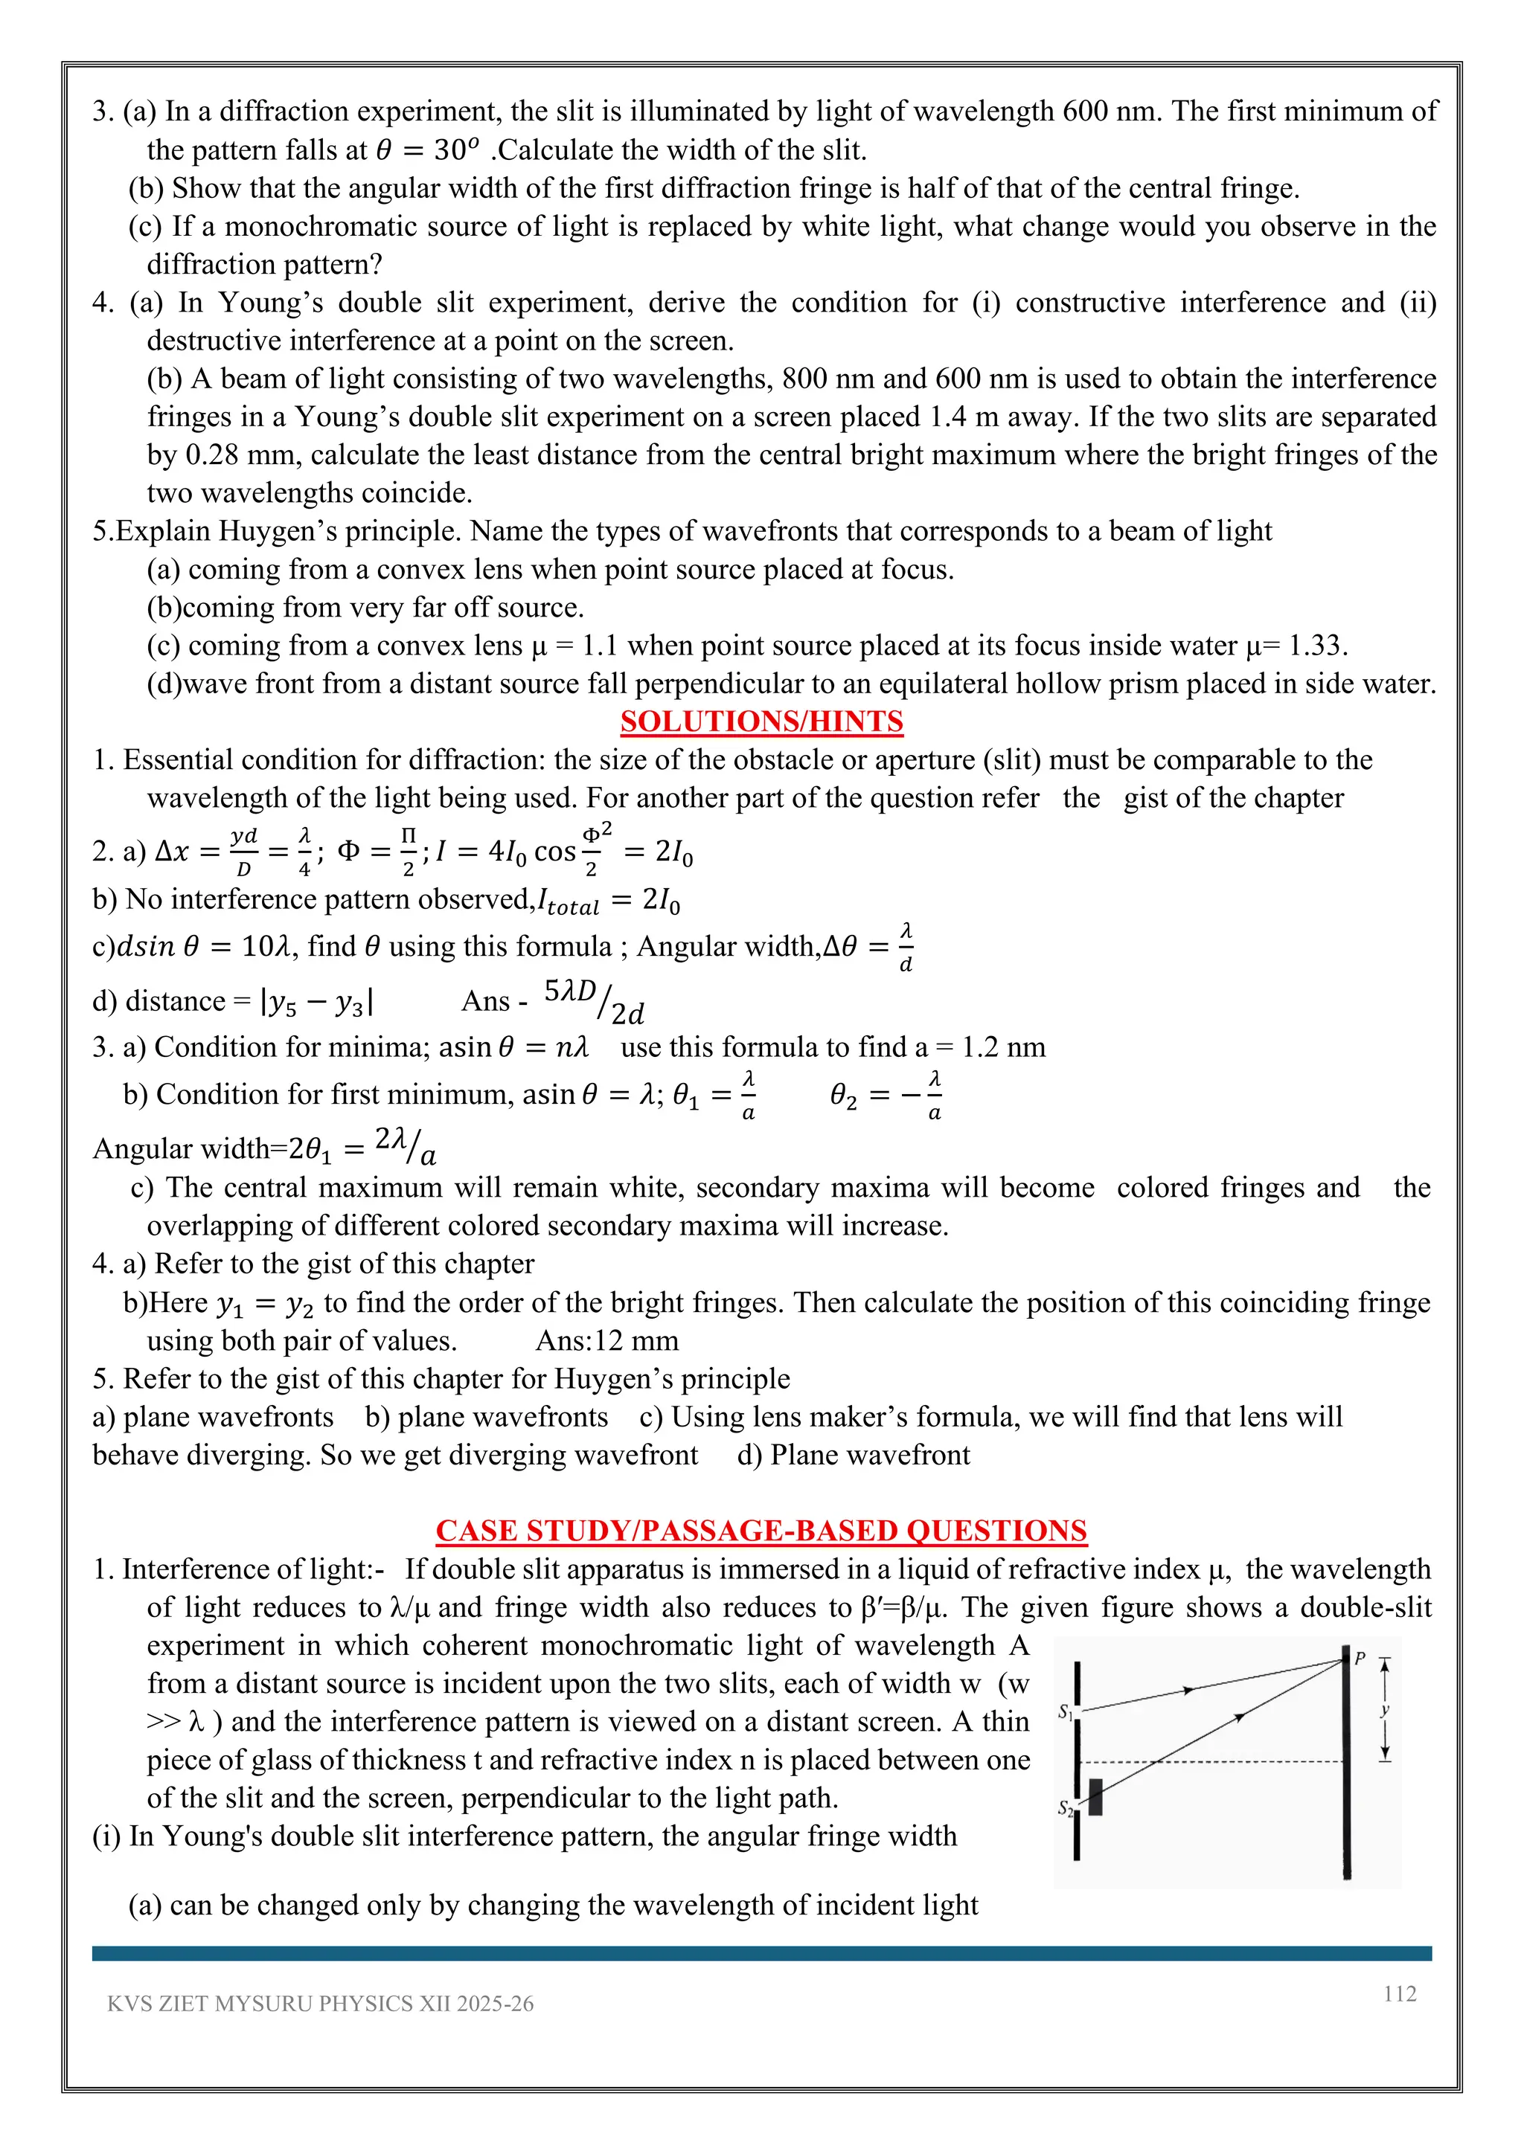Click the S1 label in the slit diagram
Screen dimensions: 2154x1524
[1065, 1711]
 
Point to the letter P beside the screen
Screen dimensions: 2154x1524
[1359, 1659]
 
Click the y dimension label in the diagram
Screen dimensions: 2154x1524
[1384, 1709]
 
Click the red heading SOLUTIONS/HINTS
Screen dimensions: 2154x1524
[761, 721]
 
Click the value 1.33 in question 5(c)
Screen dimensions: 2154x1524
[1316, 646]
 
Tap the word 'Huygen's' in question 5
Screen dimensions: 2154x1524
[269, 531]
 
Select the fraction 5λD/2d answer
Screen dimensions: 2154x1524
[593, 1000]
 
